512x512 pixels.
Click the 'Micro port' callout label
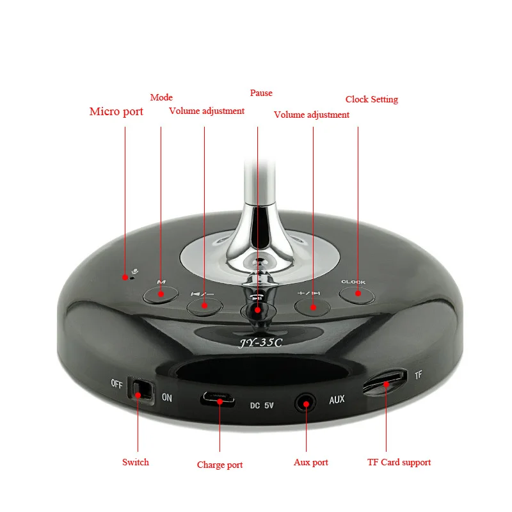(116, 112)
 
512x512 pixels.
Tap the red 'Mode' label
(161, 97)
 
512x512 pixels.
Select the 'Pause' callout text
(261, 93)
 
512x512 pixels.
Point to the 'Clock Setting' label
(371, 99)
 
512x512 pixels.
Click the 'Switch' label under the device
(135, 461)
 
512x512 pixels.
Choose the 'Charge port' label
(220, 465)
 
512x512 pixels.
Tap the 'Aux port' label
(311, 462)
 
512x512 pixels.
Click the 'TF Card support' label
(399, 462)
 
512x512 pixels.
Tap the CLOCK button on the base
(356, 294)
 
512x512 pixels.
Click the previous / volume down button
(204, 306)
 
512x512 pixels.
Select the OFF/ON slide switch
(141, 390)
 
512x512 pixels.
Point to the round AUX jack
(305, 403)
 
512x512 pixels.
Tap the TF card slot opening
(385, 382)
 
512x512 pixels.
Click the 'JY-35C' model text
(260, 342)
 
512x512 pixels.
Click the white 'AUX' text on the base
(337, 400)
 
